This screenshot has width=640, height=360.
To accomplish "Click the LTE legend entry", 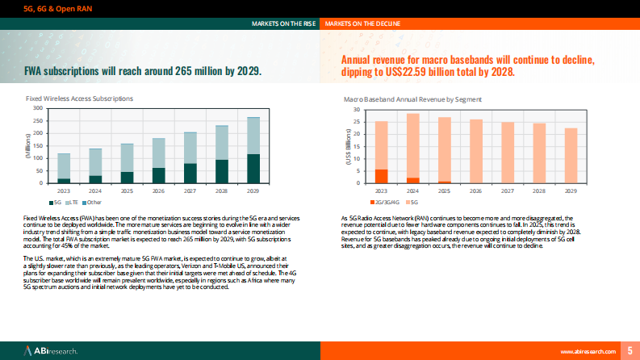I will click(x=73, y=201).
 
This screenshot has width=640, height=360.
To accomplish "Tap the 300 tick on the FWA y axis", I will click(x=37, y=107).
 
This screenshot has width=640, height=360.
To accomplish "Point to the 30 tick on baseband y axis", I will click(x=356, y=109).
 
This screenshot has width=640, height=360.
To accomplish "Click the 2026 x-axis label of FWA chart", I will click(x=158, y=191).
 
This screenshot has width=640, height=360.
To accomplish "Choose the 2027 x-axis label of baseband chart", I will click(x=508, y=191).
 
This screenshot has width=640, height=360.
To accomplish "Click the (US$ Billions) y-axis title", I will click(x=348, y=149).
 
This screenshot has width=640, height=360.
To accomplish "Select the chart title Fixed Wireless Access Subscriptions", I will click(x=80, y=98).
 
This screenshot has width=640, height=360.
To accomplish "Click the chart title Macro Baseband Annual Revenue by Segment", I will click(x=413, y=98).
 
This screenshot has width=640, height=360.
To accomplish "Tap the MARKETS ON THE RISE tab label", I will click(x=282, y=24).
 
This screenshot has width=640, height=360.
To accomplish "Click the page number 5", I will click(x=630, y=350).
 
